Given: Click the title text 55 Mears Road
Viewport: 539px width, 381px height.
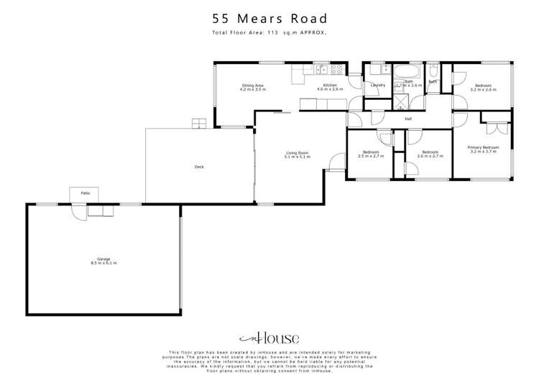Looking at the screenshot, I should (x=269, y=19).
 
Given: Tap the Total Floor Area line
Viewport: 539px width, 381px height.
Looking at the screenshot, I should (x=269, y=33).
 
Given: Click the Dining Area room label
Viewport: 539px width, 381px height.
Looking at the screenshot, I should (x=253, y=87).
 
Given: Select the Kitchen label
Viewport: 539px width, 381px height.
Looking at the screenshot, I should (x=330, y=87).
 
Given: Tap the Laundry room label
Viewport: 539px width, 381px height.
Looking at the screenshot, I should (x=377, y=86).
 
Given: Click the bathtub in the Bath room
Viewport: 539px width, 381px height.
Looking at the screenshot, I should (x=407, y=71).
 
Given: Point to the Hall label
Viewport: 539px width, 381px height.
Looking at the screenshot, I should (x=408, y=119).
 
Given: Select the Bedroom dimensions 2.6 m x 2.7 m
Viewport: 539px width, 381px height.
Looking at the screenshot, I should (x=430, y=156).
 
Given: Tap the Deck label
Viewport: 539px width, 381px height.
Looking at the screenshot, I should (x=199, y=167).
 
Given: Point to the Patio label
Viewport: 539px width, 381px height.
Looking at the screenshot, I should (x=85, y=194).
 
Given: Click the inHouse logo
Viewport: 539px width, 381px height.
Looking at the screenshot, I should (x=269, y=338).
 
